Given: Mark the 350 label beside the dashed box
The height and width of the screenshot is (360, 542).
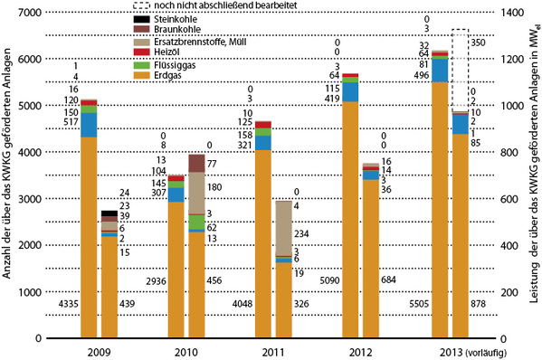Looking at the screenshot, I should [480, 43].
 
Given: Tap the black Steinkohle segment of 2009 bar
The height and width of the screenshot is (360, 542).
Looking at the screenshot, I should [109, 213].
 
